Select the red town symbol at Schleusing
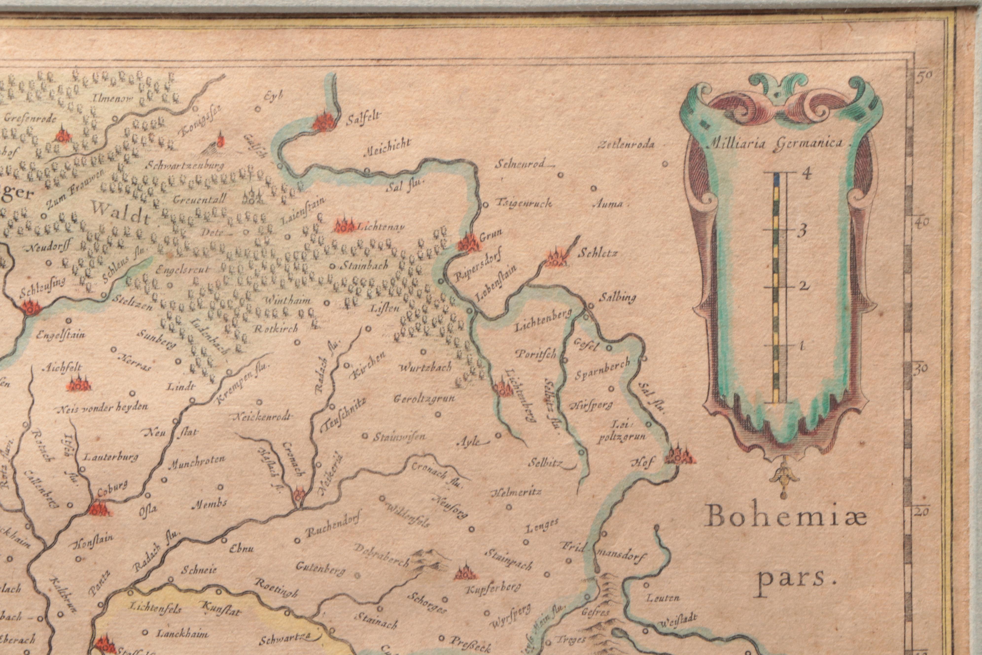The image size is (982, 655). coord(31,308)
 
